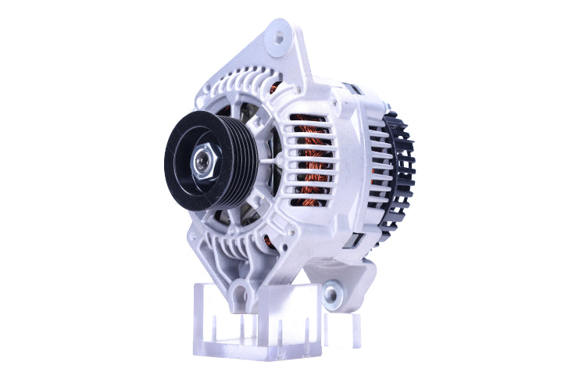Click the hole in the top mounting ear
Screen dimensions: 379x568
[x=280, y=35]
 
